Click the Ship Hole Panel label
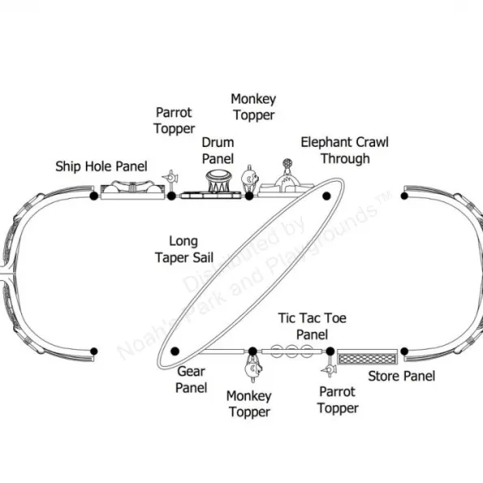(101, 166)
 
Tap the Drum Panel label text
(218, 151)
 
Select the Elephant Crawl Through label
(345, 150)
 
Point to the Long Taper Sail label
(184, 249)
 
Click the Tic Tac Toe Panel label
(312, 326)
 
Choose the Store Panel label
(402, 376)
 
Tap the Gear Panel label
(191, 380)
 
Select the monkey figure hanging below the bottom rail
(253, 368)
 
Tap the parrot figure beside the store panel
(329, 368)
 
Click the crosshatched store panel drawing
(367, 357)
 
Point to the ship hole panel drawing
(132, 190)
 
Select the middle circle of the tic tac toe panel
(291, 351)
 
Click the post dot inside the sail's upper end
(326, 196)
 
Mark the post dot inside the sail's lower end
(175, 351)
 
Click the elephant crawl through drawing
(287, 180)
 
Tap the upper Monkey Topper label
(253, 107)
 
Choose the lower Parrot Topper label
(338, 400)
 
